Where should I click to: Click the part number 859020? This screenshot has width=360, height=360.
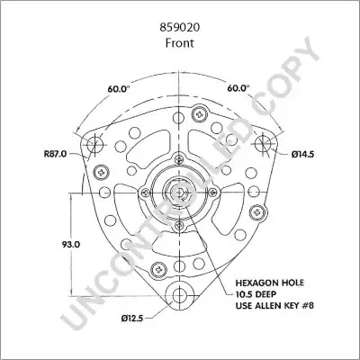coord(180,28)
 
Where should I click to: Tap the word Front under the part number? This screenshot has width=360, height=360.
coord(180,43)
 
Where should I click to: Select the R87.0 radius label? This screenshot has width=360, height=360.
coord(55,154)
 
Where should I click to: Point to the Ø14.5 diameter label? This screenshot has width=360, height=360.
coord(302,155)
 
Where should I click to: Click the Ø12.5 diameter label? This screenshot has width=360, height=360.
coord(132,319)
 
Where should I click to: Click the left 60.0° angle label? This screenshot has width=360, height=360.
coord(120,89)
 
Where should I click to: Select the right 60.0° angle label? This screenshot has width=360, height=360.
coord(238,88)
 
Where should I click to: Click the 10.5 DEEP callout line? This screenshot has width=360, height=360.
coord(256,294)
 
